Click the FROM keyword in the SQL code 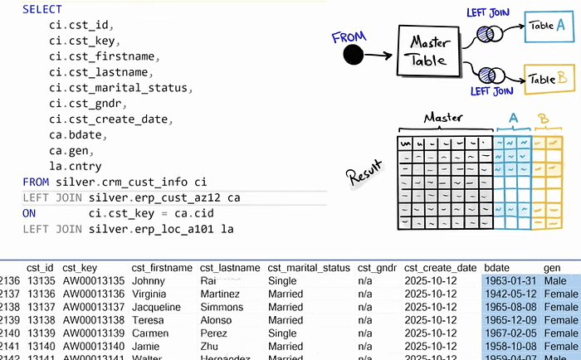[36, 182]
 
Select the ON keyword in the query [29, 213]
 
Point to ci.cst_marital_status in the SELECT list [121, 88]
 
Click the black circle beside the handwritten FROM [353, 55]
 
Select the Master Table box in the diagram [428, 51]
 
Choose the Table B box [549, 79]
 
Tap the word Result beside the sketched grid [365, 177]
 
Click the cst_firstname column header [162, 268]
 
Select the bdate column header [498, 268]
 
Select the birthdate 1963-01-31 [512, 280]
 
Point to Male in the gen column [557, 280]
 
